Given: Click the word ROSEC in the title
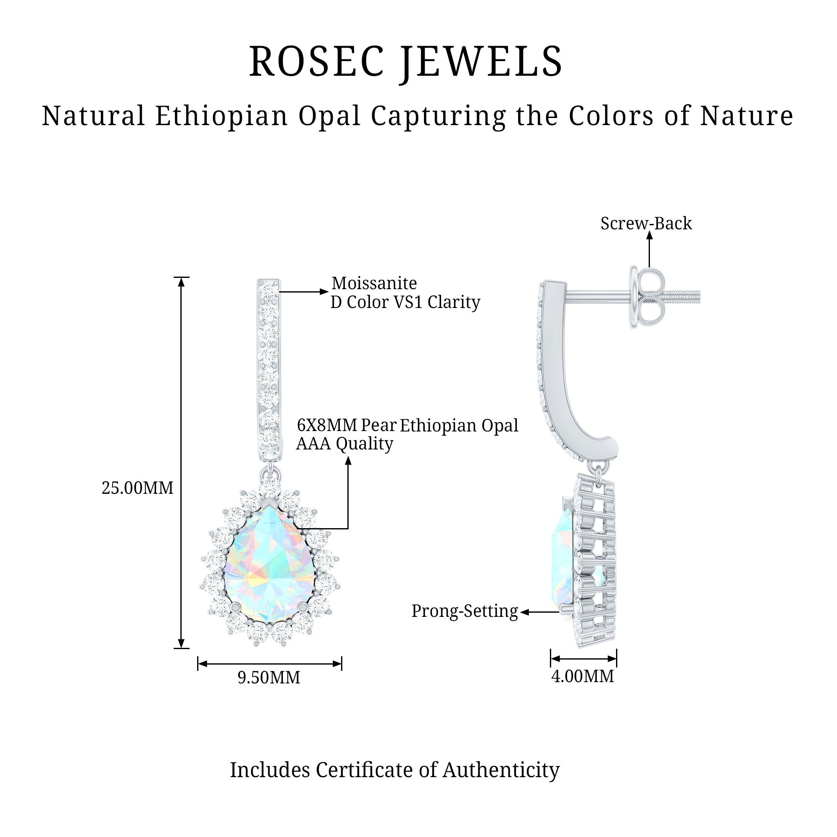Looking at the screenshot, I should click(x=316, y=62).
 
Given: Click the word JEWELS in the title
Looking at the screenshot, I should click(x=481, y=62).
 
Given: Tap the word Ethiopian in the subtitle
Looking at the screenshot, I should click(x=221, y=116).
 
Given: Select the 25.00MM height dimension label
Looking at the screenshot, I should click(x=137, y=488).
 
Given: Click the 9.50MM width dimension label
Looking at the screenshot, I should click(x=269, y=678).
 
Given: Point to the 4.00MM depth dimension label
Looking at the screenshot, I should click(x=582, y=676).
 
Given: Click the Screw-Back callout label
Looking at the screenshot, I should click(x=646, y=223).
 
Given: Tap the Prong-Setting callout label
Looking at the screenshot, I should click(x=465, y=611).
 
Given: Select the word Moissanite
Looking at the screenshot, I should click(x=374, y=283).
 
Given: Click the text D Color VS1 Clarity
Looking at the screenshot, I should click(x=405, y=303).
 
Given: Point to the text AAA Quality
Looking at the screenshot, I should click(x=344, y=444).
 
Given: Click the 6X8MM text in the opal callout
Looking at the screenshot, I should click(x=327, y=426).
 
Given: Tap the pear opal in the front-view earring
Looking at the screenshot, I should click(x=269, y=563).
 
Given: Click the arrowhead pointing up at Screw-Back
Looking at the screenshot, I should click(x=649, y=235).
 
